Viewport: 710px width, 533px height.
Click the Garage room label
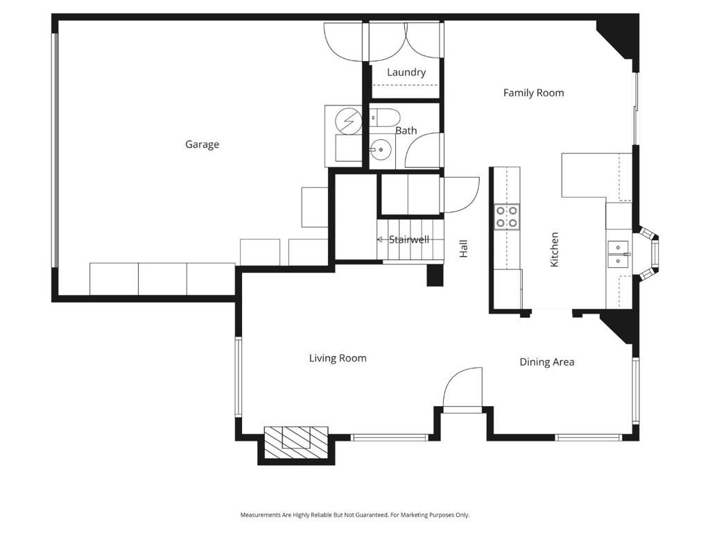coord(202,144)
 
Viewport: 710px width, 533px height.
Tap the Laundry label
coord(406,72)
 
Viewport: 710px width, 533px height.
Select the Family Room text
coord(533,92)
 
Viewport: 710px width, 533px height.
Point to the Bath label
coord(406,130)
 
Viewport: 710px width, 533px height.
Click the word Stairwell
coord(408,239)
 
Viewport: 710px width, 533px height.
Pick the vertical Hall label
coord(463,248)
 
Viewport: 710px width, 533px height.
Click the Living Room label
coord(338,358)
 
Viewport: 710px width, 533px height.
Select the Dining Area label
coord(546,362)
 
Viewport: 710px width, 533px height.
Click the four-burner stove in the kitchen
coord(507,217)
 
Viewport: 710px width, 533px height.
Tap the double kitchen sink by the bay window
coord(618,254)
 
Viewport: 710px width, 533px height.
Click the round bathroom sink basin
coord(380,149)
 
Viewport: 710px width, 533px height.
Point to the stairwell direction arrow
coord(380,239)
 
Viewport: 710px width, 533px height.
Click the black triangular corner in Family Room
coord(617,38)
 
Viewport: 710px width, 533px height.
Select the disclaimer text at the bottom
coord(354,515)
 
